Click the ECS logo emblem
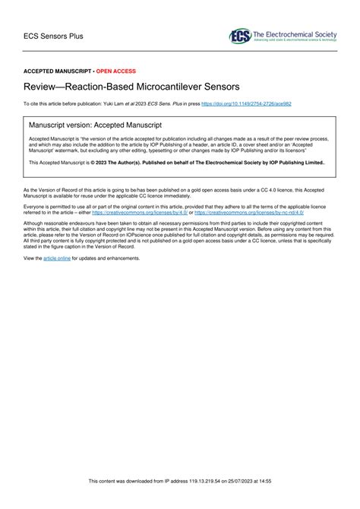coord(239,36)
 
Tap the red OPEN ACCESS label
coord(116,71)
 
